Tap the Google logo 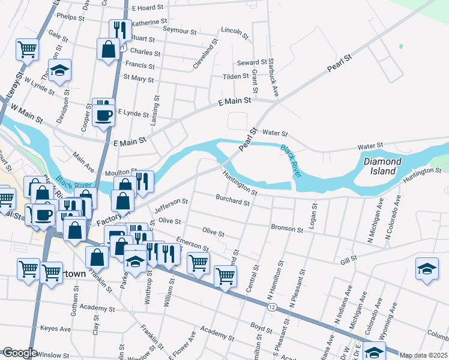[x=20, y=353]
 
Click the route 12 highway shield [x=273, y=307]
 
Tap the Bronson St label [x=287, y=229]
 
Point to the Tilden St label [x=236, y=76]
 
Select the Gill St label [x=349, y=258]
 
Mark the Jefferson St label [x=171, y=207]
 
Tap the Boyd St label [x=262, y=328]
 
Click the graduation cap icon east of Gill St [x=426, y=268]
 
